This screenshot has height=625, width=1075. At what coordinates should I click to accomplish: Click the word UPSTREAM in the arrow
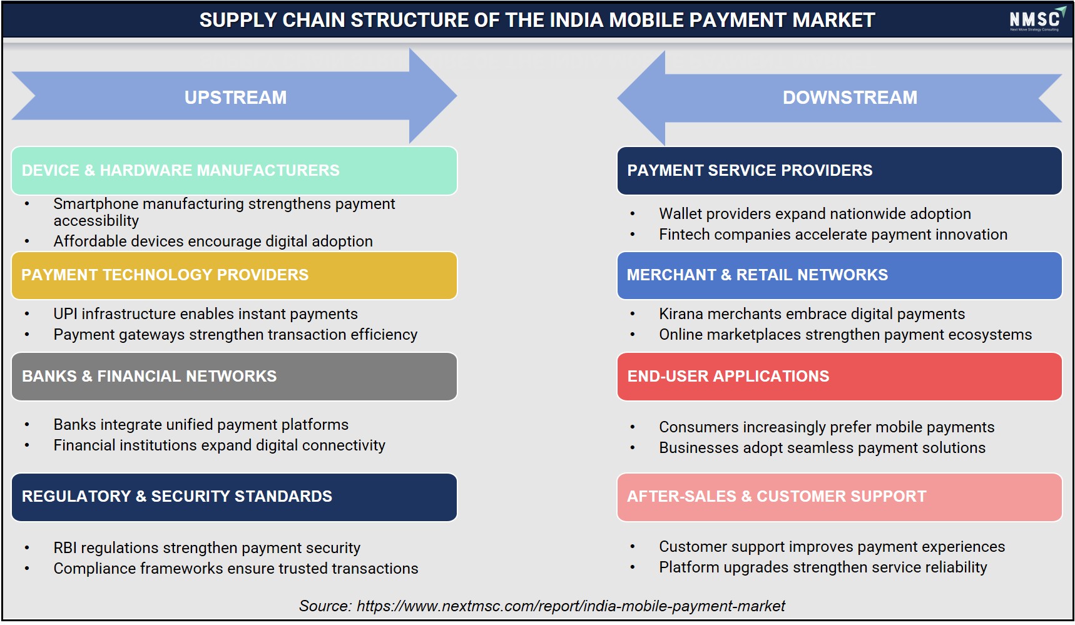235,98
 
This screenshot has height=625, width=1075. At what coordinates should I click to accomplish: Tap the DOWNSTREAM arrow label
850,98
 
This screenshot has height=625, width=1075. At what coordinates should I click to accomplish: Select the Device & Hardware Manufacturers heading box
234,171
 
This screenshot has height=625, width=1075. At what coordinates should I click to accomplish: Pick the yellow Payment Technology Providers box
234,275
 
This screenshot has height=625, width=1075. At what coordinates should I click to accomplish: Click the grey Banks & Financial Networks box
234,377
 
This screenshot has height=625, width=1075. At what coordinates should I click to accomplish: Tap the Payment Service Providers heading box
839,171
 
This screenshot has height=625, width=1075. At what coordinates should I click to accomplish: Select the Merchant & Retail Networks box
839,275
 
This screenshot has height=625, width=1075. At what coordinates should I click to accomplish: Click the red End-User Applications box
839,377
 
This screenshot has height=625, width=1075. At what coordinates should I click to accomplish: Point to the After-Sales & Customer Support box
839,497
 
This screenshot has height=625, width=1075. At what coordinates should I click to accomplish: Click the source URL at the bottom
571,606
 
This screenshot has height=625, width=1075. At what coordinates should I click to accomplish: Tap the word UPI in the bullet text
65,313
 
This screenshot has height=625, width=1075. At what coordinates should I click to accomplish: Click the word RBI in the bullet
66,547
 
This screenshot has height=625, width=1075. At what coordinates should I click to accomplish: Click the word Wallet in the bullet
680,213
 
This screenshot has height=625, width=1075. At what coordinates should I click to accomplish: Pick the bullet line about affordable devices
213,241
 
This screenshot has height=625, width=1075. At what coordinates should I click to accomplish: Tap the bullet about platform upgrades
823,567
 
